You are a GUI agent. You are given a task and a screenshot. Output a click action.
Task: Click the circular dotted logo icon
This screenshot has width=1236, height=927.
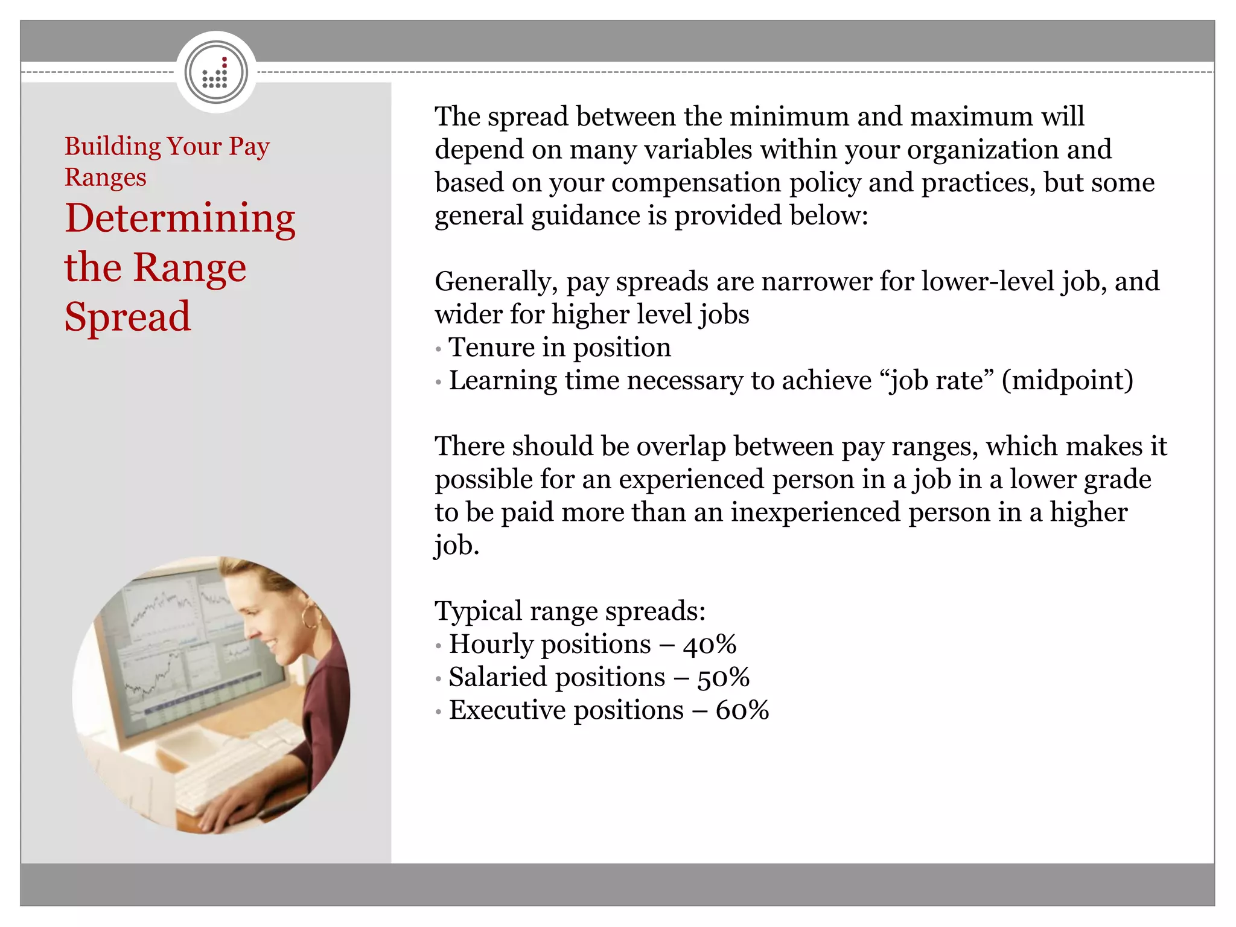pyautogui.click(x=216, y=72)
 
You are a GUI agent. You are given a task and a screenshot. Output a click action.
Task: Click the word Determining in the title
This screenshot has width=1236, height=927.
pyautogui.click(x=180, y=218)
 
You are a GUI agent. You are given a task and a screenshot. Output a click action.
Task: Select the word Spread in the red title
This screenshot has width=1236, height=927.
pyautogui.click(x=127, y=317)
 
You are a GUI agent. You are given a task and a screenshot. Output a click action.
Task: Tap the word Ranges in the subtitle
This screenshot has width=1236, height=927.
pyautogui.click(x=106, y=177)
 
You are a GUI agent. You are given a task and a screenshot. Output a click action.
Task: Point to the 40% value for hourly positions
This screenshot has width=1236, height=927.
pyautogui.click(x=710, y=644)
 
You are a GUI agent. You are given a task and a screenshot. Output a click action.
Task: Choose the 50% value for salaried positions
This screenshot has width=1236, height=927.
pyautogui.click(x=723, y=677)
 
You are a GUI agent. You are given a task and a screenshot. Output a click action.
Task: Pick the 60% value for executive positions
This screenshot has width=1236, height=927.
pyautogui.click(x=742, y=710)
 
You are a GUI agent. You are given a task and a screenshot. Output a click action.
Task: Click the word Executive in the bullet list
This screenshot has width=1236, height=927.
pyautogui.click(x=506, y=710)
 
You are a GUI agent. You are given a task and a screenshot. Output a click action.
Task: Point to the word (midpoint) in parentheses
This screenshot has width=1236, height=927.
pyautogui.click(x=1067, y=381)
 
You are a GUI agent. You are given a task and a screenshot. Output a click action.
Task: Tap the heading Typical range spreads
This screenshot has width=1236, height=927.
pyautogui.click(x=570, y=611)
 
